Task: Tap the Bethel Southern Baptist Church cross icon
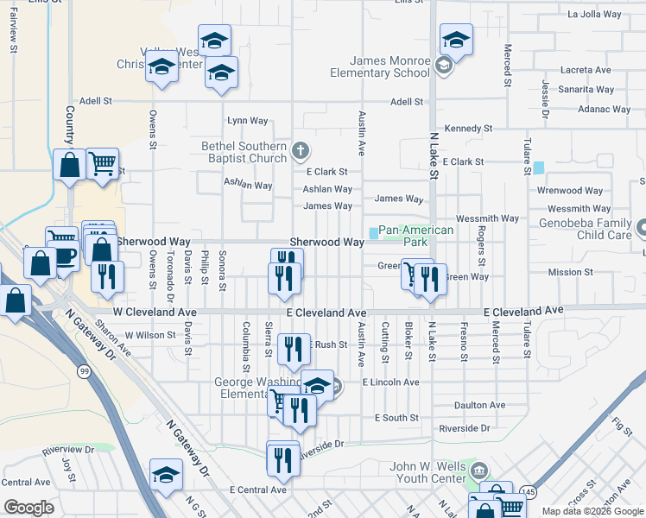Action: (x=300, y=152)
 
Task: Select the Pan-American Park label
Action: (x=416, y=236)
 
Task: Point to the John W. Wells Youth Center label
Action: (x=428, y=473)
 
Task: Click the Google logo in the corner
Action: (x=28, y=508)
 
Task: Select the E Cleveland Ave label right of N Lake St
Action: (x=523, y=310)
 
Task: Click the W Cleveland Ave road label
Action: (x=155, y=312)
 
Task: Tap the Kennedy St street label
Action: (x=467, y=129)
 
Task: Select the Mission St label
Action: (x=570, y=272)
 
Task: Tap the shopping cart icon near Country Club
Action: (x=103, y=162)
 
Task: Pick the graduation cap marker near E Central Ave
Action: (x=166, y=474)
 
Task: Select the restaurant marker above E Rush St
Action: (x=294, y=348)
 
